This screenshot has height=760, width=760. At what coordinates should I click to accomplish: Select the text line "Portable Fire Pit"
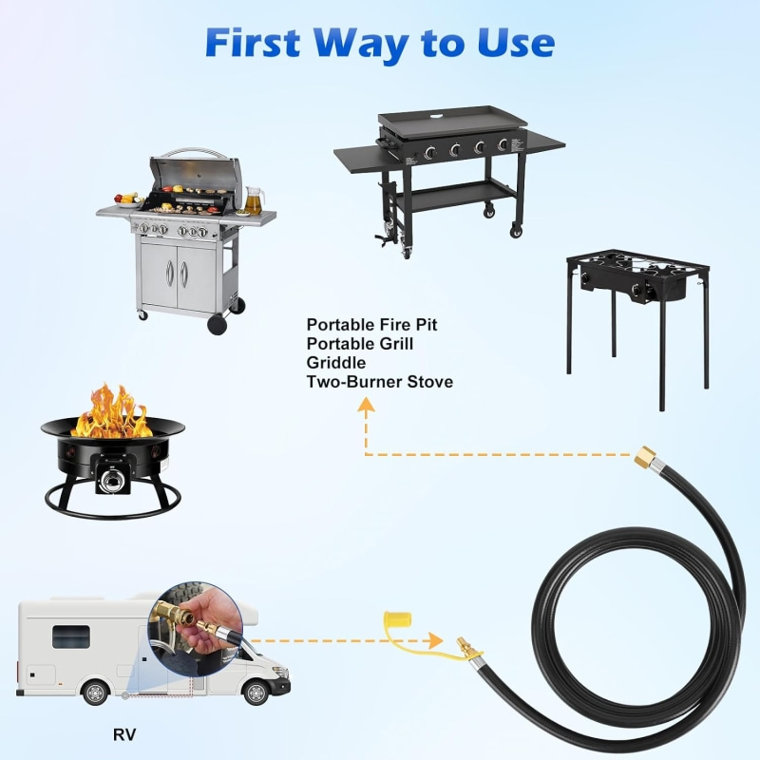[x=371, y=325]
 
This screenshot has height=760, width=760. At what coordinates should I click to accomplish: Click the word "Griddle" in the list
[x=336, y=363]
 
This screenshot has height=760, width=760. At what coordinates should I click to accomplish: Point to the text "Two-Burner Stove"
[x=379, y=382]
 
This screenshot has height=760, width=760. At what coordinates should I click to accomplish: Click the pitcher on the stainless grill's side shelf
[x=253, y=199]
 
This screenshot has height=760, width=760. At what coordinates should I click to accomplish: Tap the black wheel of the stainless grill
[x=218, y=323]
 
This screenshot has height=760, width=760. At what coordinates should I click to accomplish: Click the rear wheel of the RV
[x=96, y=692]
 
